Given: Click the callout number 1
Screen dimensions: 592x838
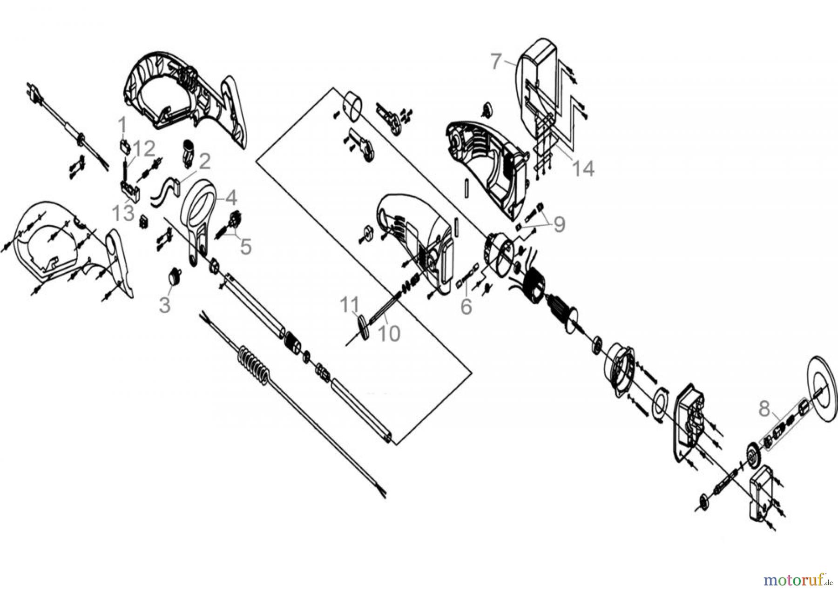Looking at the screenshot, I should click(122, 125).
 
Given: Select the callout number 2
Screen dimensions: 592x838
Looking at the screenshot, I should click(204, 162).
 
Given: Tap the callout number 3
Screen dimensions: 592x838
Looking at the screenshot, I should click(164, 305).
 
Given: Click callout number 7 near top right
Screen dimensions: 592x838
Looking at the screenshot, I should click(497, 61).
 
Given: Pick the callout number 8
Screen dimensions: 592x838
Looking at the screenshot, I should click(764, 409).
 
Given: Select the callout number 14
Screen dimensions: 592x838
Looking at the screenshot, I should click(583, 168).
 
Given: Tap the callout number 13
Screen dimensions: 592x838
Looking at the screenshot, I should click(123, 214).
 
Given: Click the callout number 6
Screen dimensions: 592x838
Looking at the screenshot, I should click(466, 306).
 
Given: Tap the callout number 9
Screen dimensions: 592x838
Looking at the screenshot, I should click(558, 224).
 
